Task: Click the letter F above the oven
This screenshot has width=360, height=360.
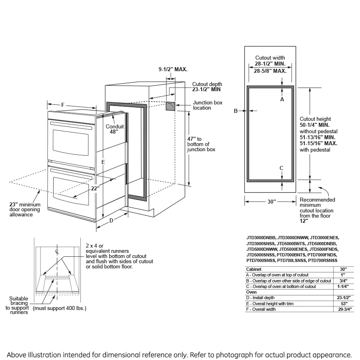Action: tap(63, 105)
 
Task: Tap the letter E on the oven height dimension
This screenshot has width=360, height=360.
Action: tap(103, 162)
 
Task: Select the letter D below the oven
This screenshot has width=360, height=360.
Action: tap(112, 220)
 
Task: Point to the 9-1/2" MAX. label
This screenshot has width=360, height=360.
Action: tap(173, 69)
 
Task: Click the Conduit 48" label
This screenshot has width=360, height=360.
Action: tap(114, 129)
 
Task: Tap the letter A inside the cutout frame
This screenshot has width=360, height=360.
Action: tap(282, 99)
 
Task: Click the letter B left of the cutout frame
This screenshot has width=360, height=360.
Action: tap(236, 111)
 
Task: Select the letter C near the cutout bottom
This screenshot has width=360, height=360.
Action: tap(282, 168)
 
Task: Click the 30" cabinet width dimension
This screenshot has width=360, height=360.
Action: tap(272, 202)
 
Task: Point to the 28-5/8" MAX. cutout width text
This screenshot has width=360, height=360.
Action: tap(270, 71)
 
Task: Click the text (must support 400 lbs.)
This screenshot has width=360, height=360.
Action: tap(60, 308)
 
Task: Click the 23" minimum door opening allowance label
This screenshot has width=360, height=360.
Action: tap(24, 209)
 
